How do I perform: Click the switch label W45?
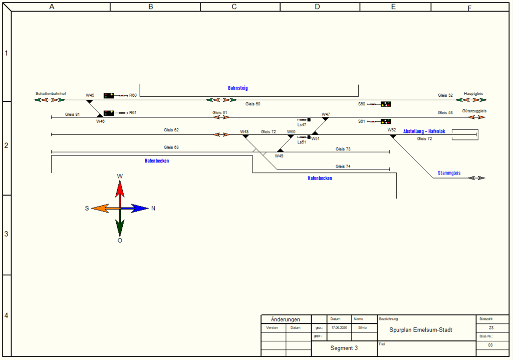[x=90, y=95]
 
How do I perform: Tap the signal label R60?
[x=133, y=95]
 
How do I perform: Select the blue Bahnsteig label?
[x=238, y=88]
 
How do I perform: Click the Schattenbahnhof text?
[x=51, y=94]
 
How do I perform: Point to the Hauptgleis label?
[x=473, y=94]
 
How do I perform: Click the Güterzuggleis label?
[x=474, y=111]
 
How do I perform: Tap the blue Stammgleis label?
[x=449, y=173]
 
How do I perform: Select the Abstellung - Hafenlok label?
[x=424, y=131]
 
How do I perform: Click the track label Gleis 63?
[x=171, y=147]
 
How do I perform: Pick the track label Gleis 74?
[x=343, y=166]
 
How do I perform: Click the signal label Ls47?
[x=302, y=125]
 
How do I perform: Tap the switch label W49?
[x=279, y=156]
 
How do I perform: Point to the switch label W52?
[x=392, y=130]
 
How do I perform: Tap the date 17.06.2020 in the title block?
[x=339, y=327]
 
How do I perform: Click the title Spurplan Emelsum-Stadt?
[x=421, y=330]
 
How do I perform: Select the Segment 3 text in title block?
[x=344, y=348]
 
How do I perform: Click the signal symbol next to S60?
[x=385, y=104]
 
